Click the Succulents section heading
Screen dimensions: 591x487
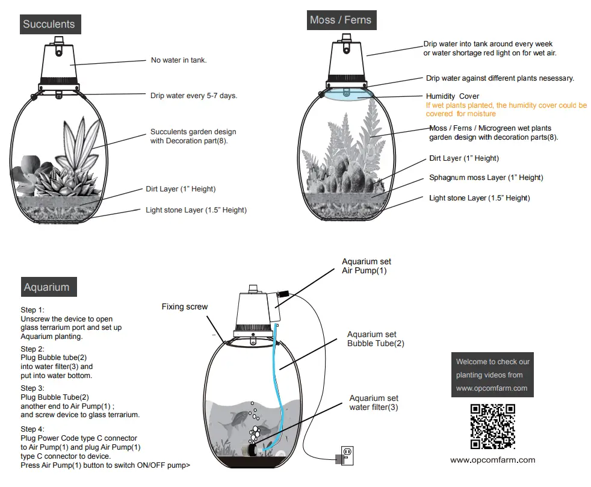pos(49,24)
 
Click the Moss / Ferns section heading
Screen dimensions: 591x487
pos(340,20)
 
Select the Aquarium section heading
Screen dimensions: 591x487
pos(46,287)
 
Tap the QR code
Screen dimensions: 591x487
pos(492,427)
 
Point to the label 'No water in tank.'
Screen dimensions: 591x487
pos(178,60)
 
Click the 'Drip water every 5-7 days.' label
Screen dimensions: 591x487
pos(194,95)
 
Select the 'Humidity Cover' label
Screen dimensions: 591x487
pos(453,96)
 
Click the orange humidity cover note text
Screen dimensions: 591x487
pos(506,110)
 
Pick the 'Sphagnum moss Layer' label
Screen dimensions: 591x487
pos(486,178)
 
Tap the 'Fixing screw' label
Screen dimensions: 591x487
pos(185,307)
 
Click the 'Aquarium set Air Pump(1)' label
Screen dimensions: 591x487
pos(366,266)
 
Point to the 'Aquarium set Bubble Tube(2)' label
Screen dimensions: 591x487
pos(376,339)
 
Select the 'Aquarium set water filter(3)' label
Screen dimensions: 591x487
pos(374,403)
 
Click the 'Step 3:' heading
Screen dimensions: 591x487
pos(32,388)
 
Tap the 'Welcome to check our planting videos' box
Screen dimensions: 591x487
pos(492,374)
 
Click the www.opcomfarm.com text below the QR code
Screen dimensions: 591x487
pos(492,460)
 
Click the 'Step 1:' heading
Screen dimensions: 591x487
pos(32,310)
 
